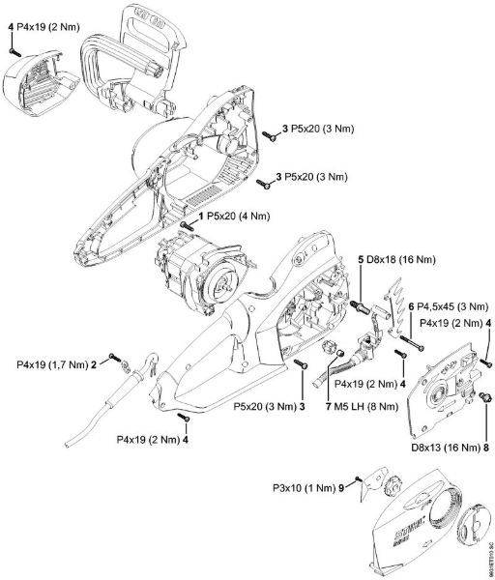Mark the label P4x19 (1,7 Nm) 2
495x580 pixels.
tap(55, 365)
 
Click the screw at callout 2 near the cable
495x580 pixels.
tap(112, 356)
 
